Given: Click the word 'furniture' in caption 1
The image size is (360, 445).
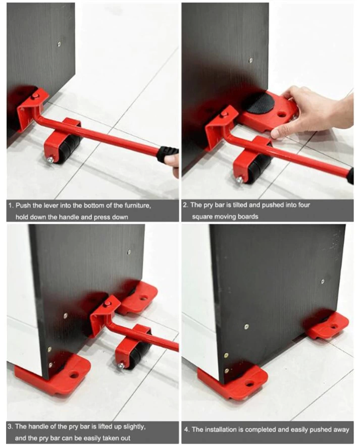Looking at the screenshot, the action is (138, 206).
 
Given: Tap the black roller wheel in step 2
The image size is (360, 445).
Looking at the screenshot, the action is (257, 168).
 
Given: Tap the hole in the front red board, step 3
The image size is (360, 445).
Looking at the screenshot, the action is (74, 375).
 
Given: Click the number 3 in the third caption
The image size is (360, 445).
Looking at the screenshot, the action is (10, 426).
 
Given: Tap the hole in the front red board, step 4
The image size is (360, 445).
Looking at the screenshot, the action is (250, 384).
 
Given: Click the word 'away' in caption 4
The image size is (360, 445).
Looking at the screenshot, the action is (341, 430).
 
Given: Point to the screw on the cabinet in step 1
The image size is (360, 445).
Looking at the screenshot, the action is (59, 44).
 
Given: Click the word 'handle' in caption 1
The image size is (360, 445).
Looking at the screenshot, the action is (68, 217).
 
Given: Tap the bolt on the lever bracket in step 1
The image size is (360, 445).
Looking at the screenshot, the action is (35, 96).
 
